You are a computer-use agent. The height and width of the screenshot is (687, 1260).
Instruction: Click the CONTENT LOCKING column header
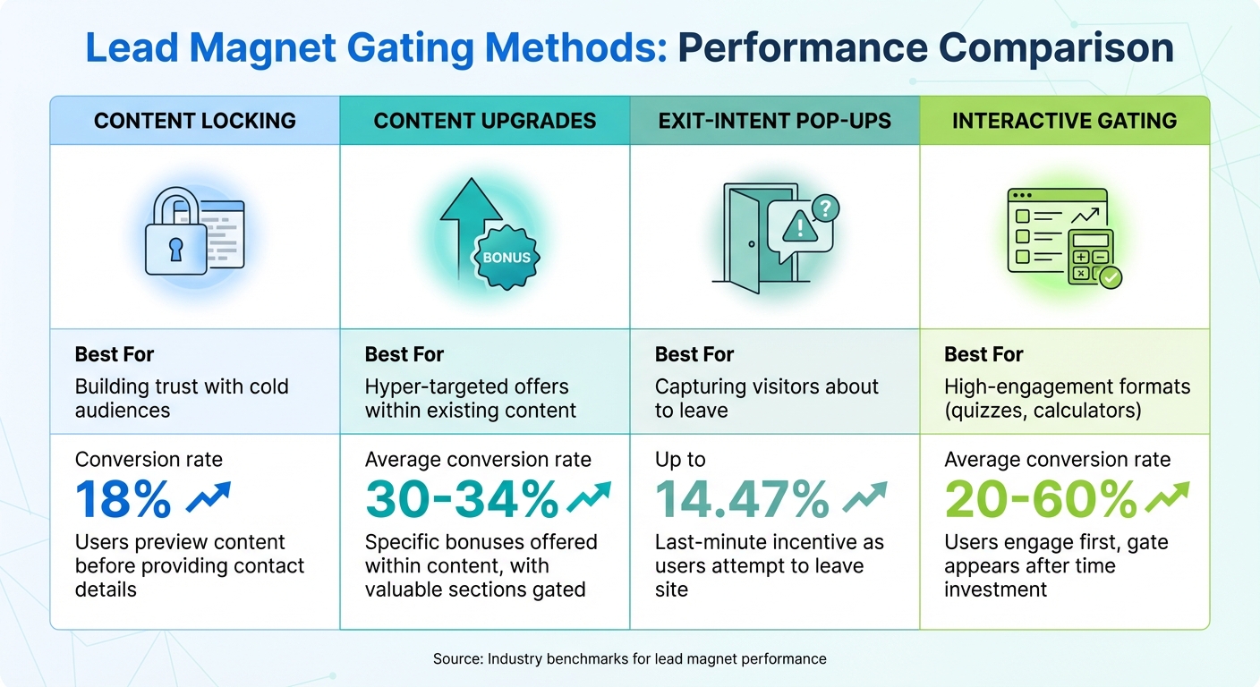coord(195,121)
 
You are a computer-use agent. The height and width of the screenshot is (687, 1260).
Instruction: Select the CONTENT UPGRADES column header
coord(484,121)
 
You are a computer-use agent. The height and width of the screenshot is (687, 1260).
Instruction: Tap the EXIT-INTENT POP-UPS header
coord(775,121)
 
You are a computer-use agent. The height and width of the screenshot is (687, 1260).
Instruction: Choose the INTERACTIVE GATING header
coord(1064,121)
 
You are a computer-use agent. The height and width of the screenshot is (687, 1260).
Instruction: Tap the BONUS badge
coord(507,258)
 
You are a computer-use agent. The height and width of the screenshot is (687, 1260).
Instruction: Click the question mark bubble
coord(823,209)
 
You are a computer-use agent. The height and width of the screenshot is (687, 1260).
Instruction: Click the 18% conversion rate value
coord(123,500)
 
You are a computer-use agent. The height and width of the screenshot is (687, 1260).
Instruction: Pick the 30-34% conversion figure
coord(463,500)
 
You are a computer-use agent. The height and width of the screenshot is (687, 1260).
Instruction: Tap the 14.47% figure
coord(742,500)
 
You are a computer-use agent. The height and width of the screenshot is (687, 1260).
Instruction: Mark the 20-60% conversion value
coord(1041,500)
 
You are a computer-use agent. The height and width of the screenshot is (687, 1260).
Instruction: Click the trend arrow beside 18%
coord(208,498)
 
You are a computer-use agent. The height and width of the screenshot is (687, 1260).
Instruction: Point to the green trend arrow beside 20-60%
coord(1168,496)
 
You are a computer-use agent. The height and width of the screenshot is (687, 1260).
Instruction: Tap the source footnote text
coord(629,659)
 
